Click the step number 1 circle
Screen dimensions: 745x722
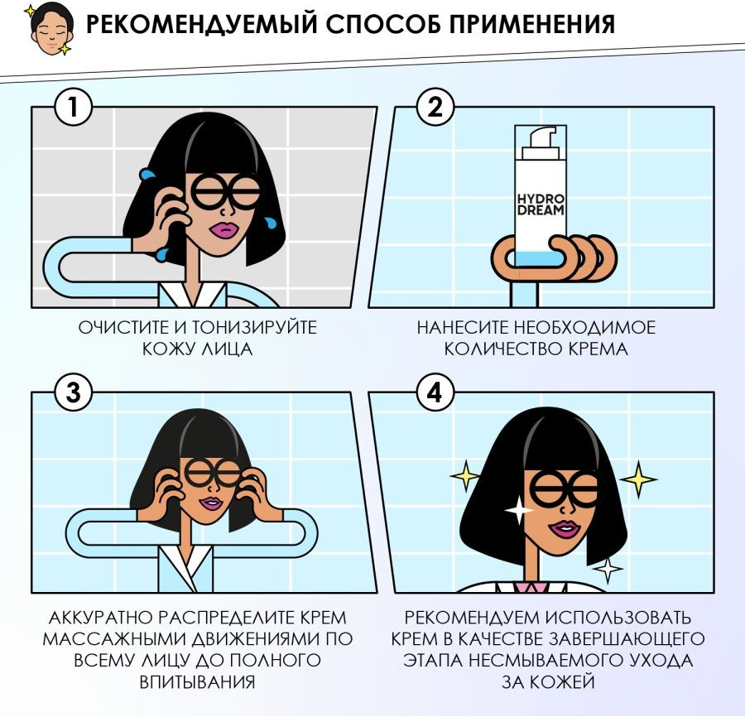point(73,107)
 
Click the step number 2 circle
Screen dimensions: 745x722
point(435,107)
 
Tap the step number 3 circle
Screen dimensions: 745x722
point(73,392)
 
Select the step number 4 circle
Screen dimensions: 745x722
point(435,392)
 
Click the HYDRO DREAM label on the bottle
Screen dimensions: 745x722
point(541,205)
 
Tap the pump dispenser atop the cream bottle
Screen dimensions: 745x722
point(541,142)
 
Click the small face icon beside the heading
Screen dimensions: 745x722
point(50,28)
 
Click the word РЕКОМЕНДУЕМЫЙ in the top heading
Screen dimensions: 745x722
point(201,23)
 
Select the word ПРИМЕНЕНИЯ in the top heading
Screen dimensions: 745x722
point(532,23)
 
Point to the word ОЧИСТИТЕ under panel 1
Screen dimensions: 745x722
point(124,328)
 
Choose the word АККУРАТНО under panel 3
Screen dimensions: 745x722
point(100,618)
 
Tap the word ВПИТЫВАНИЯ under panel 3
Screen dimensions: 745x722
point(197,682)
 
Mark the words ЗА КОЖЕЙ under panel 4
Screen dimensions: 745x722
point(548,682)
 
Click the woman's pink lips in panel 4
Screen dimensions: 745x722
point(565,529)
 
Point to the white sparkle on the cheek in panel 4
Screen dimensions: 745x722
point(519,510)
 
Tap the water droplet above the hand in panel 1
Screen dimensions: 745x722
point(147,174)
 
